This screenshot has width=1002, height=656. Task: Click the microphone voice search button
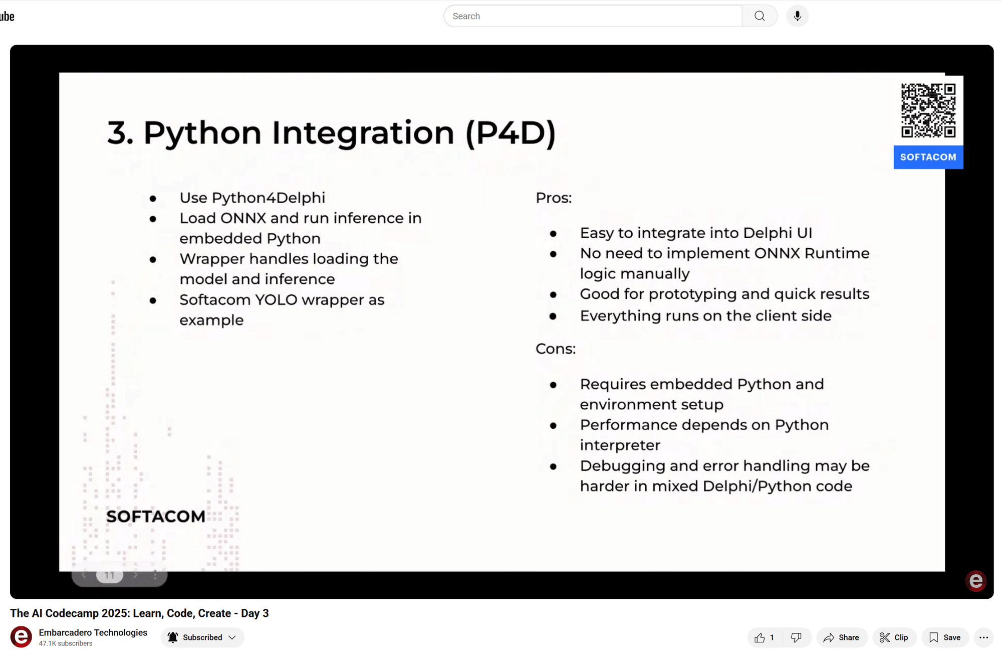(x=797, y=16)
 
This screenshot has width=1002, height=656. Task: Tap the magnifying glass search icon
(x=760, y=16)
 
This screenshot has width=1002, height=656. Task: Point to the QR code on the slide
(x=928, y=110)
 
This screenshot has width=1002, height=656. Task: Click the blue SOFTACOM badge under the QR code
(x=928, y=157)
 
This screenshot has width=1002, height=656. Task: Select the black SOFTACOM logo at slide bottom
(x=156, y=516)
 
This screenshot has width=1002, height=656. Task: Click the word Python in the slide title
(x=202, y=133)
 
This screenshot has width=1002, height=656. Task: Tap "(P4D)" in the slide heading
(x=511, y=133)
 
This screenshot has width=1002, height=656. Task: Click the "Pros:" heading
(x=554, y=198)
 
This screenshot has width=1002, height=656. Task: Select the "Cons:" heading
(x=556, y=349)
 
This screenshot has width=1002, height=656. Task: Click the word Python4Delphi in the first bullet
(x=269, y=198)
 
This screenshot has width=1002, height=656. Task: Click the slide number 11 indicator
(x=110, y=575)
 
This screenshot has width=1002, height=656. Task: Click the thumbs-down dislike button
(x=796, y=637)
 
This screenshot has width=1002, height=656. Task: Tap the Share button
(x=842, y=637)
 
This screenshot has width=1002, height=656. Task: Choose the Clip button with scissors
(x=894, y=637)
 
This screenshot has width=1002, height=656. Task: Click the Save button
(x=945, y=637)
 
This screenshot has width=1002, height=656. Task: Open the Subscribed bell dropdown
(x=202, y=637)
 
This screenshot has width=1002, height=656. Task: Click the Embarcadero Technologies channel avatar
(x=21, y=637)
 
